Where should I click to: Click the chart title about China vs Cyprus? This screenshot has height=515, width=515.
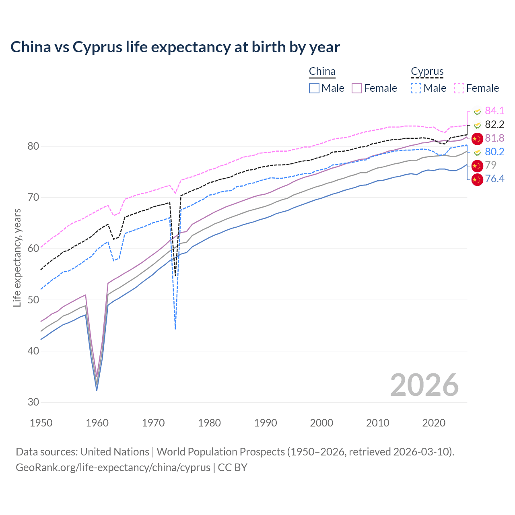pyautogui.click(x=175, y=47)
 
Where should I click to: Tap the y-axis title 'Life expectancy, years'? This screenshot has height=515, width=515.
pyautogui.click(x=17, y=257)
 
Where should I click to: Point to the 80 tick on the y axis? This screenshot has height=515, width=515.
pyautogui.click(x=33, y=146)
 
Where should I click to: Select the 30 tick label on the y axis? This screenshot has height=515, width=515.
pyautogui.click(x=33, y=402)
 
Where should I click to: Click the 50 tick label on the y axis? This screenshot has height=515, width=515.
pyautogui.click(x=33, y=300)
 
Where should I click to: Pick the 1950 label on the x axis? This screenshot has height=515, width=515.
pyautogui.click(x=41, y=423)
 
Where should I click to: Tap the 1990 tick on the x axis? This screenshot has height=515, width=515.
pyautogui.click(x=266, y=423)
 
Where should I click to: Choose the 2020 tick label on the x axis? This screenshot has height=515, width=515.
pyautogui.click(x=434, y=423)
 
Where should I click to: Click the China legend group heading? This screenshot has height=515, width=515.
pyautogui.click(x=322, y=72)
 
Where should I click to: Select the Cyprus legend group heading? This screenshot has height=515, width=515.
pyautogui.click(x=427, y=72)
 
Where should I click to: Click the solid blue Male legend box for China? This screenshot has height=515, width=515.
pyautogui.click(x=314, y=88)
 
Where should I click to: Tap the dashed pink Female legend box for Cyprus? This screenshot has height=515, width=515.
pyautogui.click(x=459, y=88)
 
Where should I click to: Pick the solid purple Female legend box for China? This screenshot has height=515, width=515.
pyautogui.click(x=357, y=88)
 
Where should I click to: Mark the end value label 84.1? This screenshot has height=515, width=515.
pyautogui.click(x=494, y=111)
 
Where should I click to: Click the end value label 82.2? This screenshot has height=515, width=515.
pyautogui.click(x=494, y=124)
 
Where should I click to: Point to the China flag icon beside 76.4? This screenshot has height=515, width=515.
pyautogui.click(x=477, y=179)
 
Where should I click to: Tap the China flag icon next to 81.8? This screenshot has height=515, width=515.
pyautogui.click(x=477, y=138)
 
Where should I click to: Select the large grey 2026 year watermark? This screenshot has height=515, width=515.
pyautogui.click(x=424, y=385)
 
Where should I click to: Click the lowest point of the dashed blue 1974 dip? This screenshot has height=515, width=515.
pyautogui.click(x=175, y=329)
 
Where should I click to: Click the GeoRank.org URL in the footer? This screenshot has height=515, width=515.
pyautogui.click(x=113, y=468)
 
